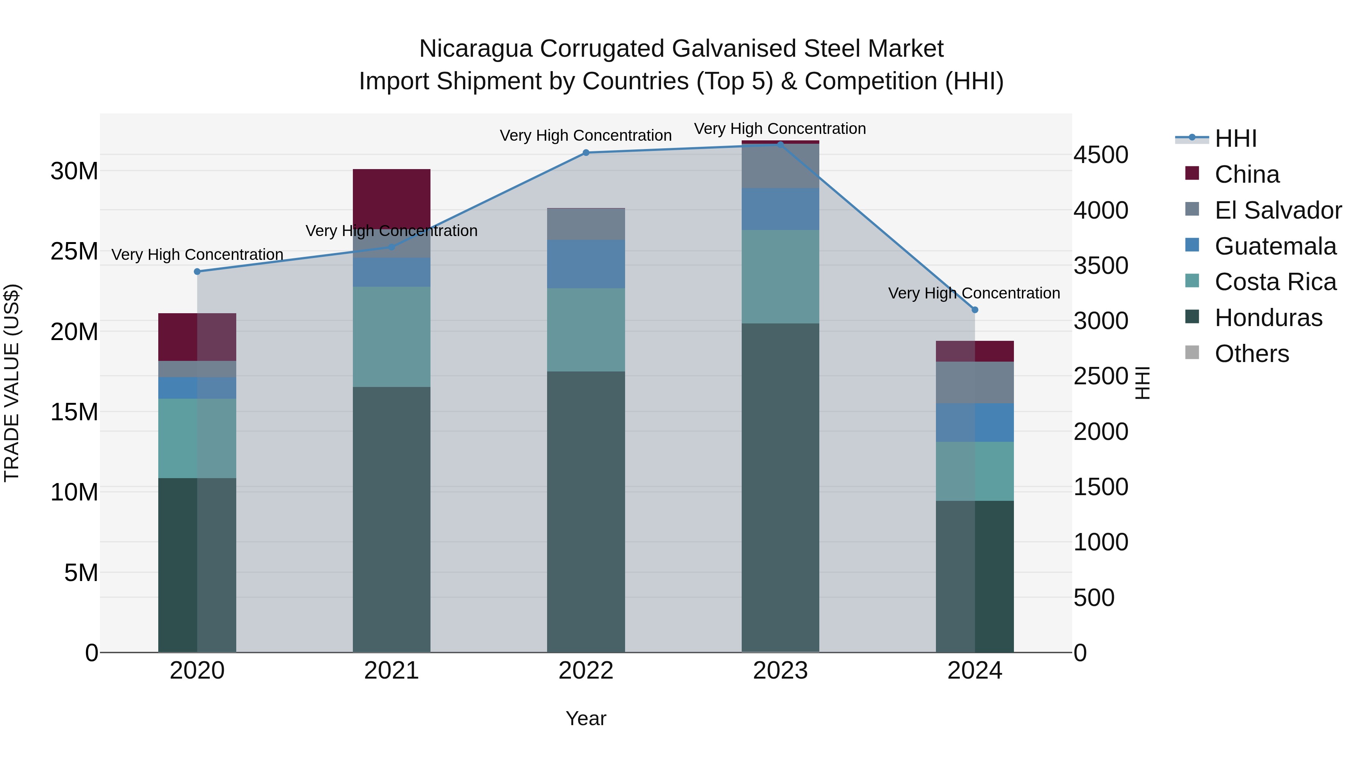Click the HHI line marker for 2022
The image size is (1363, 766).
coord(586,153)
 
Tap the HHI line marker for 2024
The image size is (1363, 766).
coord(975,310)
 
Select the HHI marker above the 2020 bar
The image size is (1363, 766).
coord(197,272)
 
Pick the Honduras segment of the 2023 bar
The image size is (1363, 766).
coord(780,486)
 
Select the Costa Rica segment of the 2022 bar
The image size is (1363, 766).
coord(586,330)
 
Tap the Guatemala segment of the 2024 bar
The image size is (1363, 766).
coord(975,423)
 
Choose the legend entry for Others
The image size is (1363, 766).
coord(1251,354)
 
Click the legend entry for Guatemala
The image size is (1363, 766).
coord(1275,246)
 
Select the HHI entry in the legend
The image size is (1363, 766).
coord(1235,138)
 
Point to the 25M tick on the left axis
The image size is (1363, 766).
coord(74,252)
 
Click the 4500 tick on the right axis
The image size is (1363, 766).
coord(1101,155)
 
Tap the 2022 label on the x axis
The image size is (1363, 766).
coord(586,671)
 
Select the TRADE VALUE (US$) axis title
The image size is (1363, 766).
coord(12,383)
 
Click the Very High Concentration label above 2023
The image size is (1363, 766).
coord(780,129)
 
